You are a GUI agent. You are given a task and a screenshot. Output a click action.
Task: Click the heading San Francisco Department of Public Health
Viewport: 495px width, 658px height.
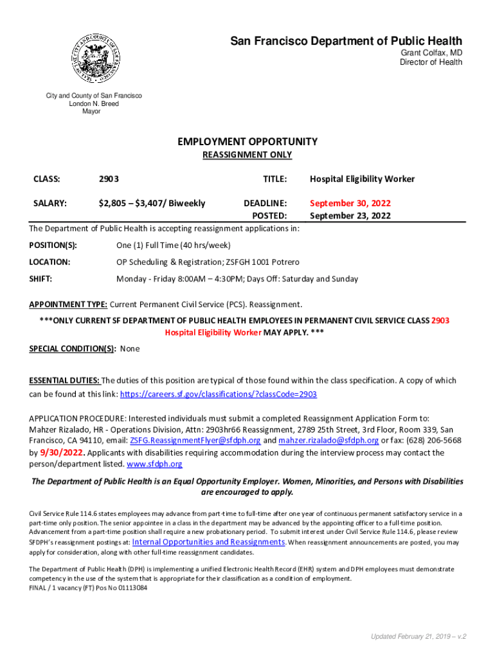coord(346,42)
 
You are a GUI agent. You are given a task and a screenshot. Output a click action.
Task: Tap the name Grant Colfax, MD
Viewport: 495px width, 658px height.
coord(431,53)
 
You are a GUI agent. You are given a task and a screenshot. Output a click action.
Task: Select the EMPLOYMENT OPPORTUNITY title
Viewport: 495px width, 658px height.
coord(248,141)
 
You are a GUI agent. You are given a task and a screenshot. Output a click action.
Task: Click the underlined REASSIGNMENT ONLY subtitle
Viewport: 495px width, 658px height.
coord(248,155)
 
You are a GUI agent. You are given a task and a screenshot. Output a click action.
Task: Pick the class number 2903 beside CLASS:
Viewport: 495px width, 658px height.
coord(108,179)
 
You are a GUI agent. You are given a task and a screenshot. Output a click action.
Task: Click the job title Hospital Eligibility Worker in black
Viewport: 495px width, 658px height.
coord(362,179)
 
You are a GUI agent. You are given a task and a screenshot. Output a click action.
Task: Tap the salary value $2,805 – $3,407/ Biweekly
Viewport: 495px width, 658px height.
coord(152,203)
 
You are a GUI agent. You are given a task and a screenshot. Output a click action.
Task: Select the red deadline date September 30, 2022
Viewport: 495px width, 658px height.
coord(350,203)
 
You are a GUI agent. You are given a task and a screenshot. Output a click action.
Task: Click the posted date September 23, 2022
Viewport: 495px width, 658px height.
coord(350,216)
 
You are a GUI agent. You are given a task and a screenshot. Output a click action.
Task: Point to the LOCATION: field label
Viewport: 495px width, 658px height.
coord(50,262)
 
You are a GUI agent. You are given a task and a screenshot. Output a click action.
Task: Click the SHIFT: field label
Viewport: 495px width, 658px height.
coord(41,279)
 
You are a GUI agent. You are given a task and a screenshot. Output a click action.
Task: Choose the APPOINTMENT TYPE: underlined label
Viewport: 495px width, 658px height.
coord(69,304)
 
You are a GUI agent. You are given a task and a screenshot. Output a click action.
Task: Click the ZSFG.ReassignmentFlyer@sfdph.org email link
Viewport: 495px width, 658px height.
coord(195,441)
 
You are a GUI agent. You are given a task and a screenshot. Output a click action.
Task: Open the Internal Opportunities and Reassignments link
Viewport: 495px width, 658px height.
coord(208,542)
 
